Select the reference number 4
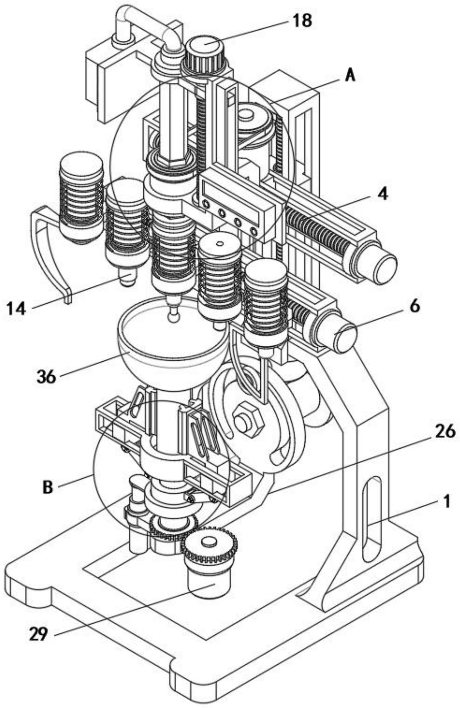click(x=382, y=194)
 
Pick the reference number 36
click(x=46, y=376)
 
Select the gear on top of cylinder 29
click(x=209, y=545)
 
